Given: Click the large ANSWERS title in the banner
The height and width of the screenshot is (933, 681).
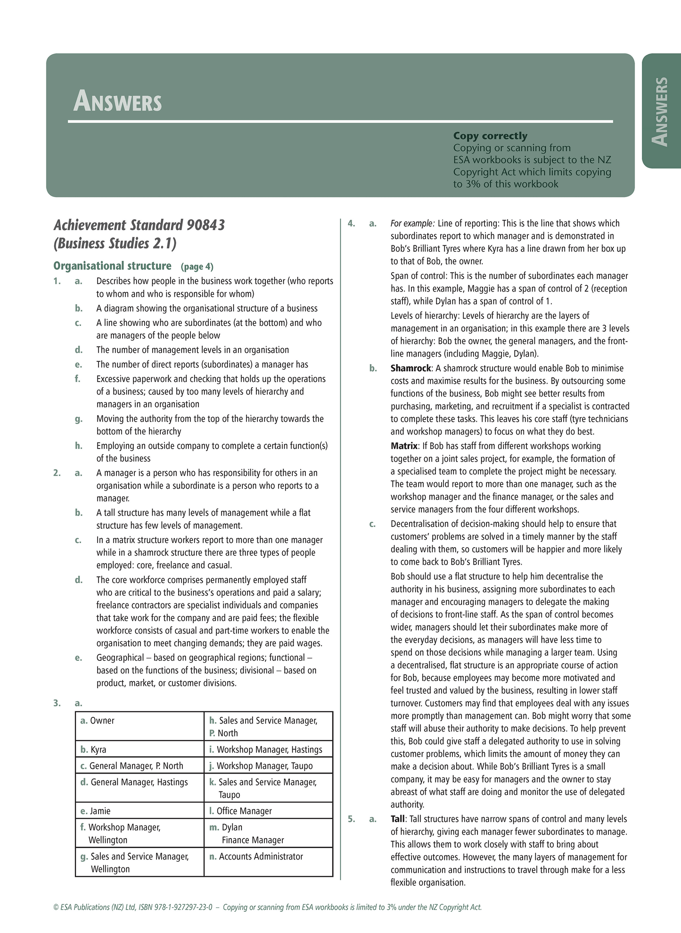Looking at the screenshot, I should pyautogui.click(x=117, y=101).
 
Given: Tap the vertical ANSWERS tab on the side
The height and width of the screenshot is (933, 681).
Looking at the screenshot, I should pyautogui.click(x=660, y=111).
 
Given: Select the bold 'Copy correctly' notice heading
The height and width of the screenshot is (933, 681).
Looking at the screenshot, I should pyautogui.click(x=490, y=136).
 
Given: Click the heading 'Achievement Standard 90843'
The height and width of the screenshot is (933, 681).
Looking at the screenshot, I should pyautogui.click(x=139, y=225).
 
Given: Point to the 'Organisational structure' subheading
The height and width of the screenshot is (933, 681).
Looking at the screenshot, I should pyautogui.click(x=112, y=266).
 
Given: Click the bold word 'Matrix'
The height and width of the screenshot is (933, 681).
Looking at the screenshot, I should pyautogui.click(x=404, y=446).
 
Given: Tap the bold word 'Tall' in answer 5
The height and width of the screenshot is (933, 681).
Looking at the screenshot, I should pyautogui.click(x=397, y=819).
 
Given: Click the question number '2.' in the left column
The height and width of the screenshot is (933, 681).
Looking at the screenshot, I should pyautogui.click(x=57, y=473).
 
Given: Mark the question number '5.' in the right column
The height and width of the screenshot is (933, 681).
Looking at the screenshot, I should pyautogui.click(x=351, y=819).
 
